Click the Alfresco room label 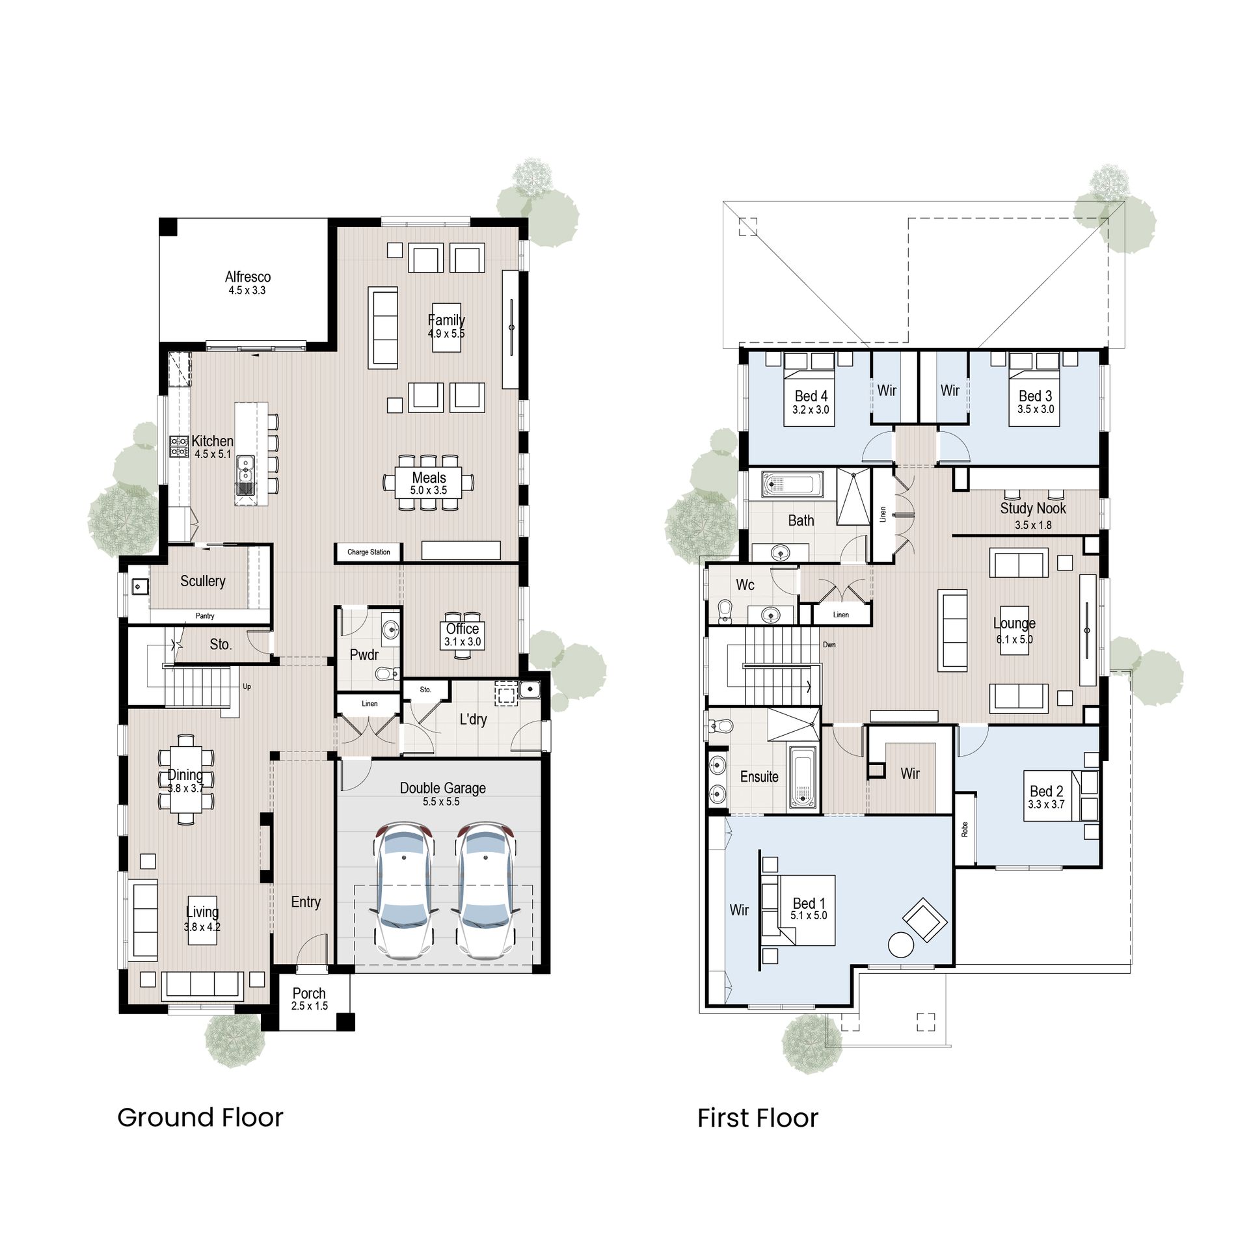click(x=248, y=277)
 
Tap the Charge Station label click(x=369, y=552)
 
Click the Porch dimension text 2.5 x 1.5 click(x=309, y=1006)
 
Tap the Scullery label click(x=203, y=581)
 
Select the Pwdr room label click(x=364, y=654)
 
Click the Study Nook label click(x=1033, y=508)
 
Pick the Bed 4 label click(x=811, y=396)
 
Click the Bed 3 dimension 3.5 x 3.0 click(x=1036, y=409)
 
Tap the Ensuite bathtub click(x=802, y=777)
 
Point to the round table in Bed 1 click(x=901, y=945)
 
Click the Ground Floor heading click(x=200, y=1118)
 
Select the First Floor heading click(x=757, y=1118)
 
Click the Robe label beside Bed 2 click(x=965, y=829)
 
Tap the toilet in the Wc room click(x=725, y=611)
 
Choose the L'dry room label click(x=473, y=719)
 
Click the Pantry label click(x=205, y=616)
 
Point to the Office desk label click(x=463, y=628)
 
